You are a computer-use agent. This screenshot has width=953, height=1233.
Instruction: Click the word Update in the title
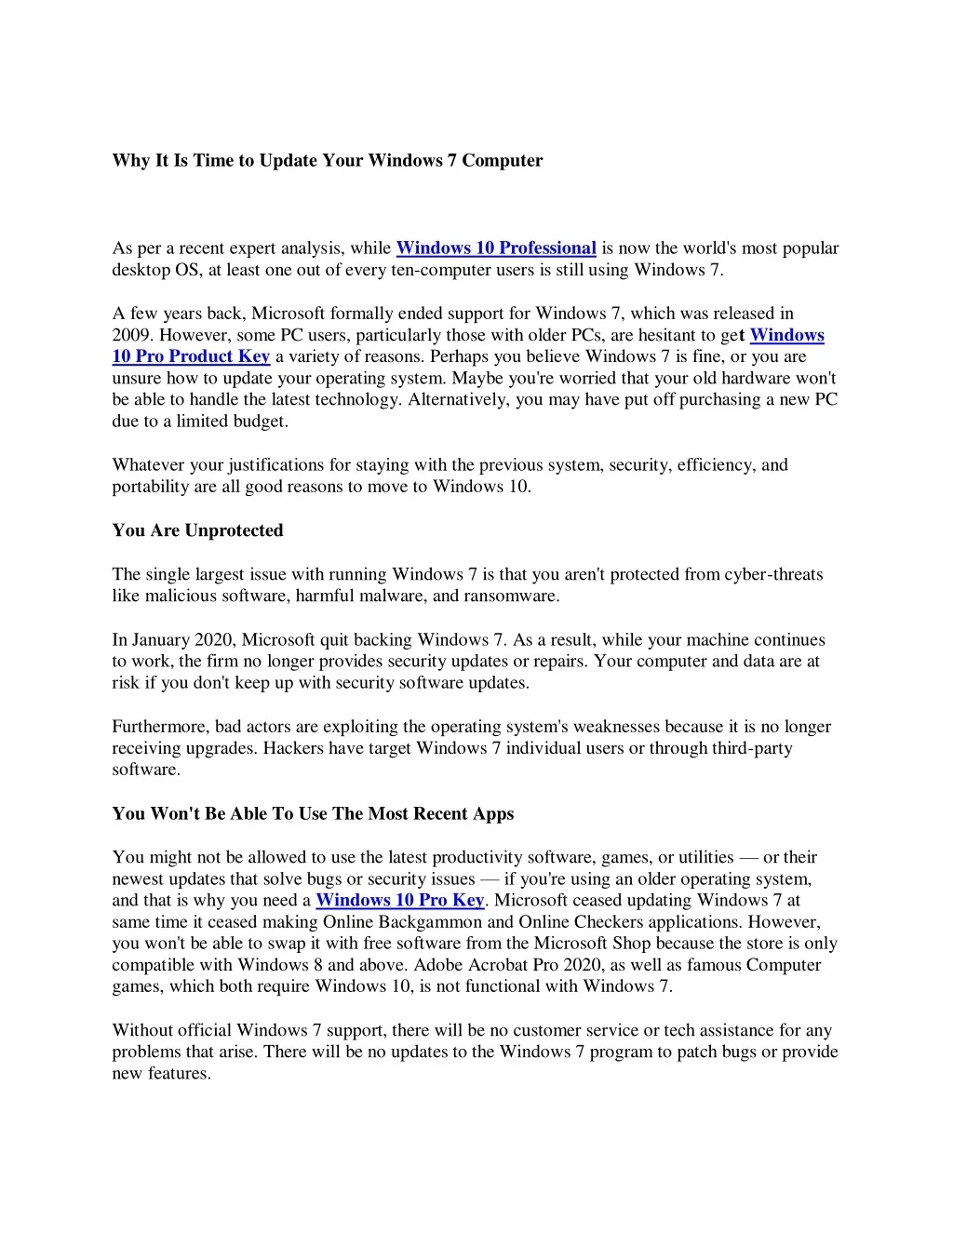tap(288, 161)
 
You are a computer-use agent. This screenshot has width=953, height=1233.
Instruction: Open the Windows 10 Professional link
tap(496, 248)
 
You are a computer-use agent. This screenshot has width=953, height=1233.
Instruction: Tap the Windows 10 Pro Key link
tap(400, 901)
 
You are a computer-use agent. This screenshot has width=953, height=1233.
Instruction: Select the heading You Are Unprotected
tap(197, 530)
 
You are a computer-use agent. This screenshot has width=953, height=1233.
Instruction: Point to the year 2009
tap(131, 336)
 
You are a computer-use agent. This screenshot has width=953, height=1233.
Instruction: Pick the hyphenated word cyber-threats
tap(773, 575)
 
